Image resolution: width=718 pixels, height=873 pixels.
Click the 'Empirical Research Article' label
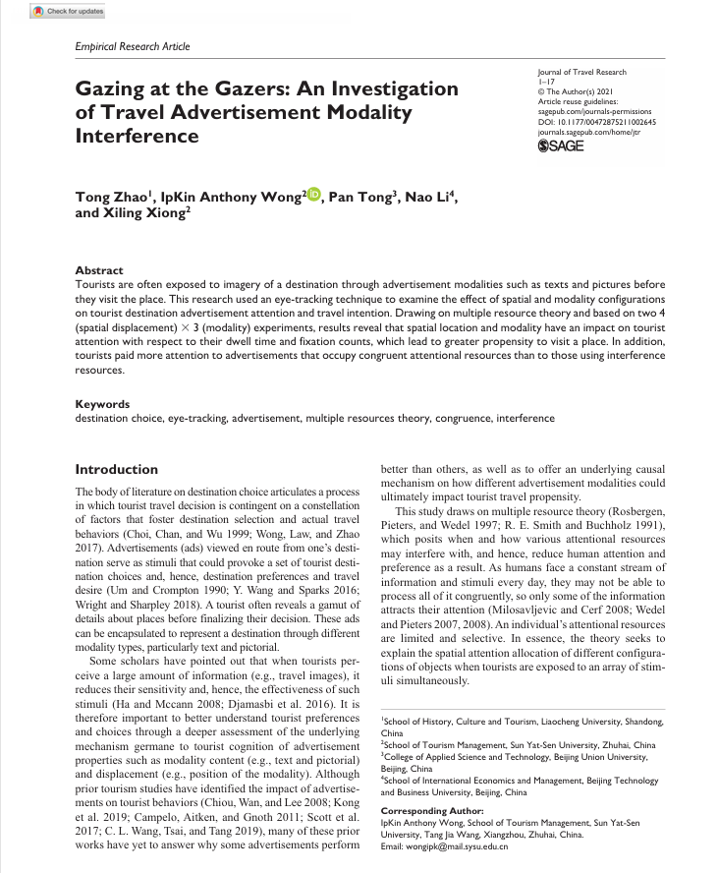point(133,46)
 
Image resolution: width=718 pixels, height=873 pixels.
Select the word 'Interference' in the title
point(137,135)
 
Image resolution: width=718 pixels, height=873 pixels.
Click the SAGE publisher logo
point(562,146)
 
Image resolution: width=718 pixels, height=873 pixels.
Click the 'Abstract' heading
point(99,270)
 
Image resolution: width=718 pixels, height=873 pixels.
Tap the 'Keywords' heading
point(102,404)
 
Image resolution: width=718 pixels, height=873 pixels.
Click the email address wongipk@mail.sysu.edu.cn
point(444,846)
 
